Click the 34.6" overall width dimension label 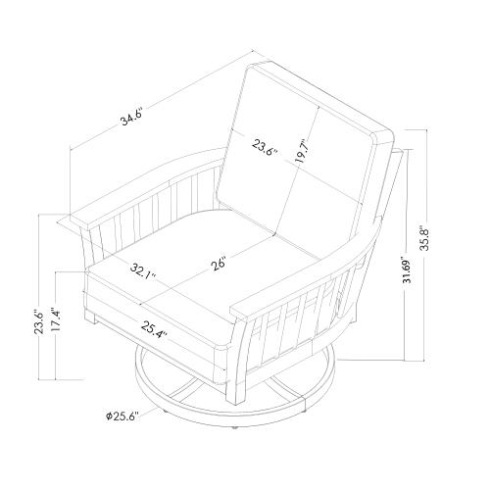(x=132, y=116)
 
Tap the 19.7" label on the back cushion (x=301, y=152)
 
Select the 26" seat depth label (x=219, y=264)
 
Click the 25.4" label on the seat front (x=155, y=330)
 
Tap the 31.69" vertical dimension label (x=408, y=268)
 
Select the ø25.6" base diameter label (x=122, y=416)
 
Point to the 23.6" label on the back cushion (x=265, y=148)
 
